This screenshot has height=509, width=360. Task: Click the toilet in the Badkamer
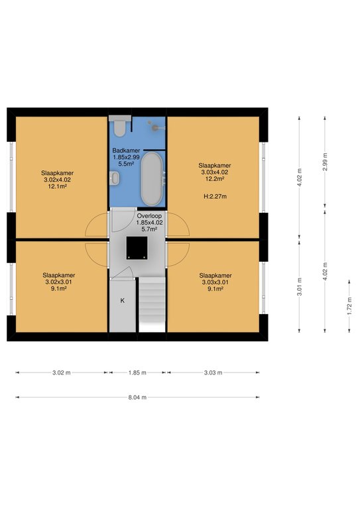(120, 126)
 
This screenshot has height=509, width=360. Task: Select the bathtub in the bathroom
(152, 178)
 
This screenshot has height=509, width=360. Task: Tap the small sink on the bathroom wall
(114, 178)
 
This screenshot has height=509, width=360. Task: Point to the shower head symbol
(156, 127)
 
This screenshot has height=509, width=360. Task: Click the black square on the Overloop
(137, 248)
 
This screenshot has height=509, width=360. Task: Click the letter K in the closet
(123, 301)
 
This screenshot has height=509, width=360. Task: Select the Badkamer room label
(126, 150)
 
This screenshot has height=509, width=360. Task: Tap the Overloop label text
(149, 216)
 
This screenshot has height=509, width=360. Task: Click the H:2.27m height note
(215, 196)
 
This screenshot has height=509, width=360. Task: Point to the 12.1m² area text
(58, 186)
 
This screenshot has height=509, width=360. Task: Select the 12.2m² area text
(215, 178)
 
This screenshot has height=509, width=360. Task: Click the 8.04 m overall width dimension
(137, 397)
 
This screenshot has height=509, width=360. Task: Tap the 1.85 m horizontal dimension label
(137, 372)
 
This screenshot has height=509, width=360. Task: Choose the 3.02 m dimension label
(62, 372)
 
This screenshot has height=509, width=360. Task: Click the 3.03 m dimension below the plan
(213, 372)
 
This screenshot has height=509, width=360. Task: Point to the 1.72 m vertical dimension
(349, 306)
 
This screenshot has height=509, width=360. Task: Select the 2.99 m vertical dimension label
(325, 162)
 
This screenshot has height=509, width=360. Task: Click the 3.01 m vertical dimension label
(300, 286)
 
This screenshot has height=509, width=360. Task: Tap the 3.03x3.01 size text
(215, 282)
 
